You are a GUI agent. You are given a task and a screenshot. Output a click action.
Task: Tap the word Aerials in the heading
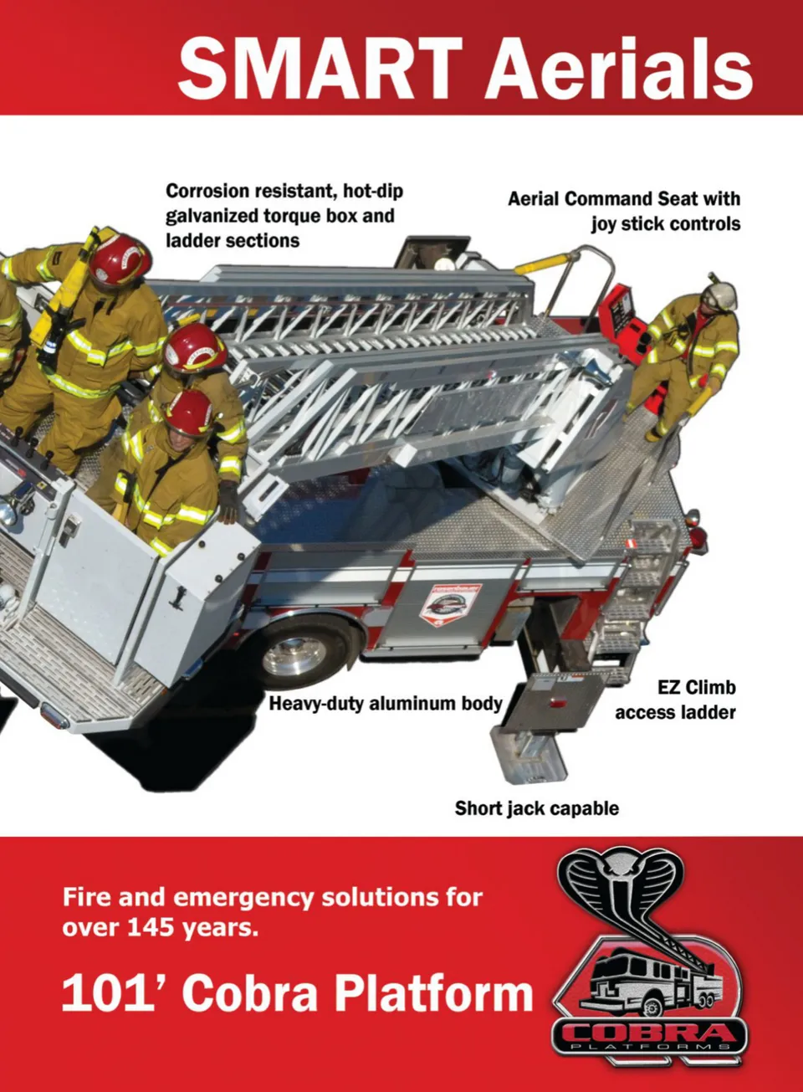click(619, 68)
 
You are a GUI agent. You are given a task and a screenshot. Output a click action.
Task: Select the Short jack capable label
click(537, 808)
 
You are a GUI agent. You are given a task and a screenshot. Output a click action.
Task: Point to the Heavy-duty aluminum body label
click(386, 703)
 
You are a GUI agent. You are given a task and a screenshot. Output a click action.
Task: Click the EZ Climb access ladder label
click(676, 700)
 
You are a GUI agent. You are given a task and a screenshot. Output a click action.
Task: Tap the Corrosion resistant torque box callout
click(284, 215)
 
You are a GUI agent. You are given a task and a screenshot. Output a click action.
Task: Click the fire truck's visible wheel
click(298, 650)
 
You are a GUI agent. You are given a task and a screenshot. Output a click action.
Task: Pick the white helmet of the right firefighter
click(720, 294)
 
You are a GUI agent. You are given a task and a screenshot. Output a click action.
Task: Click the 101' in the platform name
click(115, 995)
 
